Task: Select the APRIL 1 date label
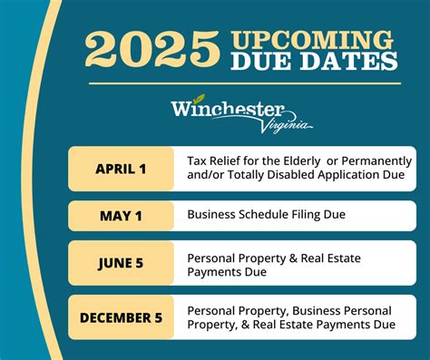click(x=121, y=168)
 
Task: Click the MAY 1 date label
click(x=121, y=215)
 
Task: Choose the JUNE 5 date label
click(x=121, y=264)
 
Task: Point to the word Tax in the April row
click(x=197, y=161)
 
